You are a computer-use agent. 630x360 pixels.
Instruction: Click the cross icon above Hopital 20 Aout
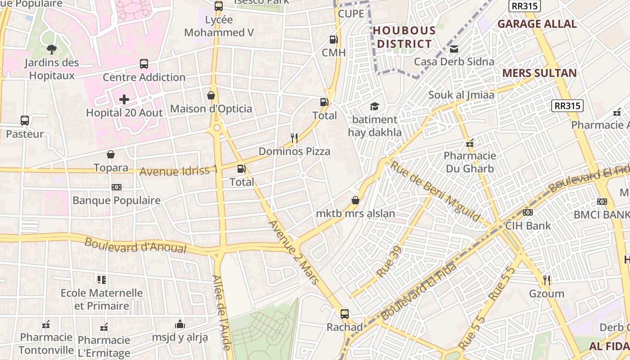[124, 99]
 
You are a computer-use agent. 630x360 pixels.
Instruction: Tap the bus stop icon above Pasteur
[25, 121]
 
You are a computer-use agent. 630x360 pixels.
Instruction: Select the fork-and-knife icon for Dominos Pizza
[294, 138]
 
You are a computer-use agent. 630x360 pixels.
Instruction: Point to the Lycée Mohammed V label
[219, 26]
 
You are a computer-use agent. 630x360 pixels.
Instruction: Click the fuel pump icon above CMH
[333, 40]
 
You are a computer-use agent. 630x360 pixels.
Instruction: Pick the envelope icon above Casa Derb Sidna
[454, 49]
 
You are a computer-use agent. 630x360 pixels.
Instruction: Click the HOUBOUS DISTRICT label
[404, 37]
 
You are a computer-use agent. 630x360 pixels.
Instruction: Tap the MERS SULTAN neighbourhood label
[539, 73]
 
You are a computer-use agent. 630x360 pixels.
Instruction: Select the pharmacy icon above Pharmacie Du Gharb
[470, 143]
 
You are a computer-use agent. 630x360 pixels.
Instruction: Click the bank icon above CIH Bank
[528, 212]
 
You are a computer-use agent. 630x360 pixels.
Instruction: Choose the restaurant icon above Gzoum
[547, 280]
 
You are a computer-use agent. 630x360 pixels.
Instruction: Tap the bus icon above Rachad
[345, 314]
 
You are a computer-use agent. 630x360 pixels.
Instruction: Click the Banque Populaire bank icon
[116, 187]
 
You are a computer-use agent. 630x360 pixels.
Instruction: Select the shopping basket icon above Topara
[111, 155]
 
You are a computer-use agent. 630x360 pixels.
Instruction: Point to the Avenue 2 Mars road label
[293, 252]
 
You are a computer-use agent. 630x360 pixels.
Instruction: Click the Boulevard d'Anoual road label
[135, 245]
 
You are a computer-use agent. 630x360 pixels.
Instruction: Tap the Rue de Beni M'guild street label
[435, 192]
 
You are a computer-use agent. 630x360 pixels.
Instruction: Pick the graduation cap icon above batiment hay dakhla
[374, 106]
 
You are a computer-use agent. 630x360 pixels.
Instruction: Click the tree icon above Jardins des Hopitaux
[51, 49]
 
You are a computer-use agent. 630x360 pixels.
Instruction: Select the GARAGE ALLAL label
[537, 24]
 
